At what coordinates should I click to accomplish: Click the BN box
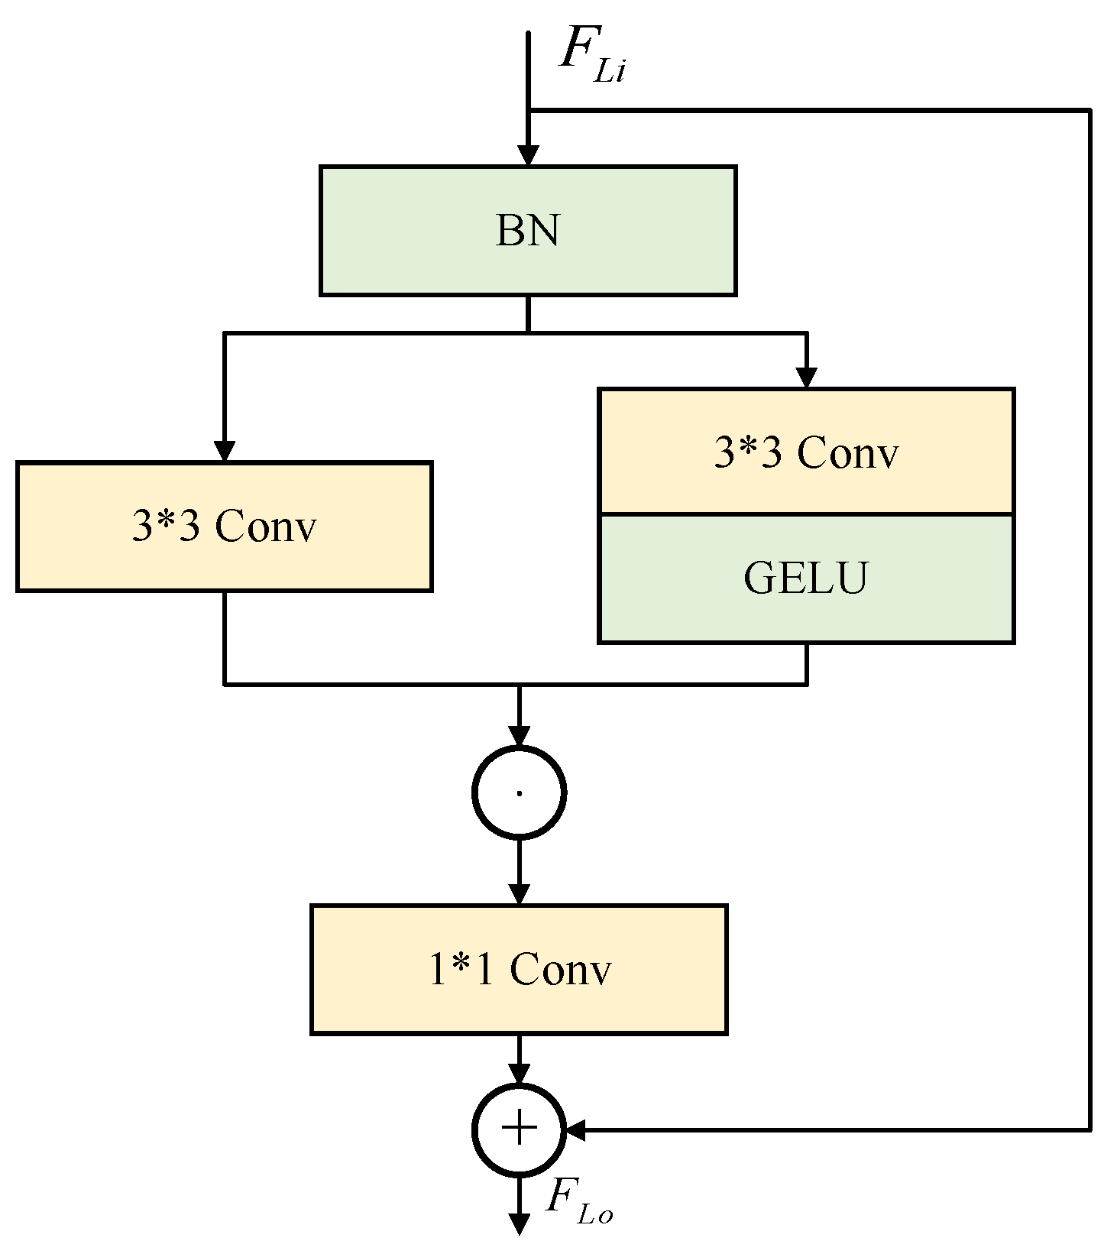(527, 230)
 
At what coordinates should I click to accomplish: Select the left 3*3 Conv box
(224, 527)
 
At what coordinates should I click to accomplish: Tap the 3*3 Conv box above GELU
(806, 452)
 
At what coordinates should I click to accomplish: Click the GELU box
(806, 578)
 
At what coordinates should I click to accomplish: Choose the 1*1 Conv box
(519, 969)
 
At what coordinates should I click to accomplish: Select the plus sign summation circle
(519, 1129)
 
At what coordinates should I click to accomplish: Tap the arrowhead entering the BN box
(527, 156)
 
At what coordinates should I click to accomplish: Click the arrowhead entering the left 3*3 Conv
(224, 452)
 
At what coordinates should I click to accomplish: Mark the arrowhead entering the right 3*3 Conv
(806, 378)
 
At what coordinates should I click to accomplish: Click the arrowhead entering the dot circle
(519, 737)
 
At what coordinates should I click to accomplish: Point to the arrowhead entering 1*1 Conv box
(519, 895)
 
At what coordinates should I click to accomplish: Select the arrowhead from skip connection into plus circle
(575, 1129)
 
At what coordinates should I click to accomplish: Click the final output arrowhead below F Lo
(519, 1225)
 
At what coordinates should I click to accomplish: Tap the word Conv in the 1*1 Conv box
(560, 969)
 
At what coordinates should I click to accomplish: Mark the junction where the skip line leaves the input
(528, 111)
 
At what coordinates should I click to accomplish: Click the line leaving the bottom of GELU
(806, 663)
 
